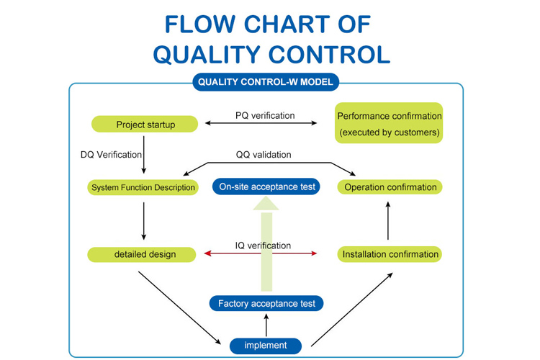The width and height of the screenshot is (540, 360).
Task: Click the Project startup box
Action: pos(145,124)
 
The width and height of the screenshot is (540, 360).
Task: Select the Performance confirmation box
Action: pos(389,124)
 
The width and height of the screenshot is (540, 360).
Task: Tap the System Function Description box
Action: pos(143,187)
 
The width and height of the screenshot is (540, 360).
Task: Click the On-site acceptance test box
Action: pos(266,186)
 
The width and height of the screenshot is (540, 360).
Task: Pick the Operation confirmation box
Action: pos(390,187)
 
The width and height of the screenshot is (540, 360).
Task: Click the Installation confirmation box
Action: pos(390,254)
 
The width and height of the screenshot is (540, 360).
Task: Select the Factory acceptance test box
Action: pos(266,303)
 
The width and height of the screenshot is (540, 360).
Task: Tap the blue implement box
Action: pos(266,346)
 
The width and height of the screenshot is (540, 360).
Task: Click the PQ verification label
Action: pos(264,115)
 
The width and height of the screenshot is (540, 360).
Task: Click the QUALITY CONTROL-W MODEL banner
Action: pos(266,82)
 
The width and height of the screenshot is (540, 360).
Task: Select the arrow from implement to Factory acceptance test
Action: pos(266,325)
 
